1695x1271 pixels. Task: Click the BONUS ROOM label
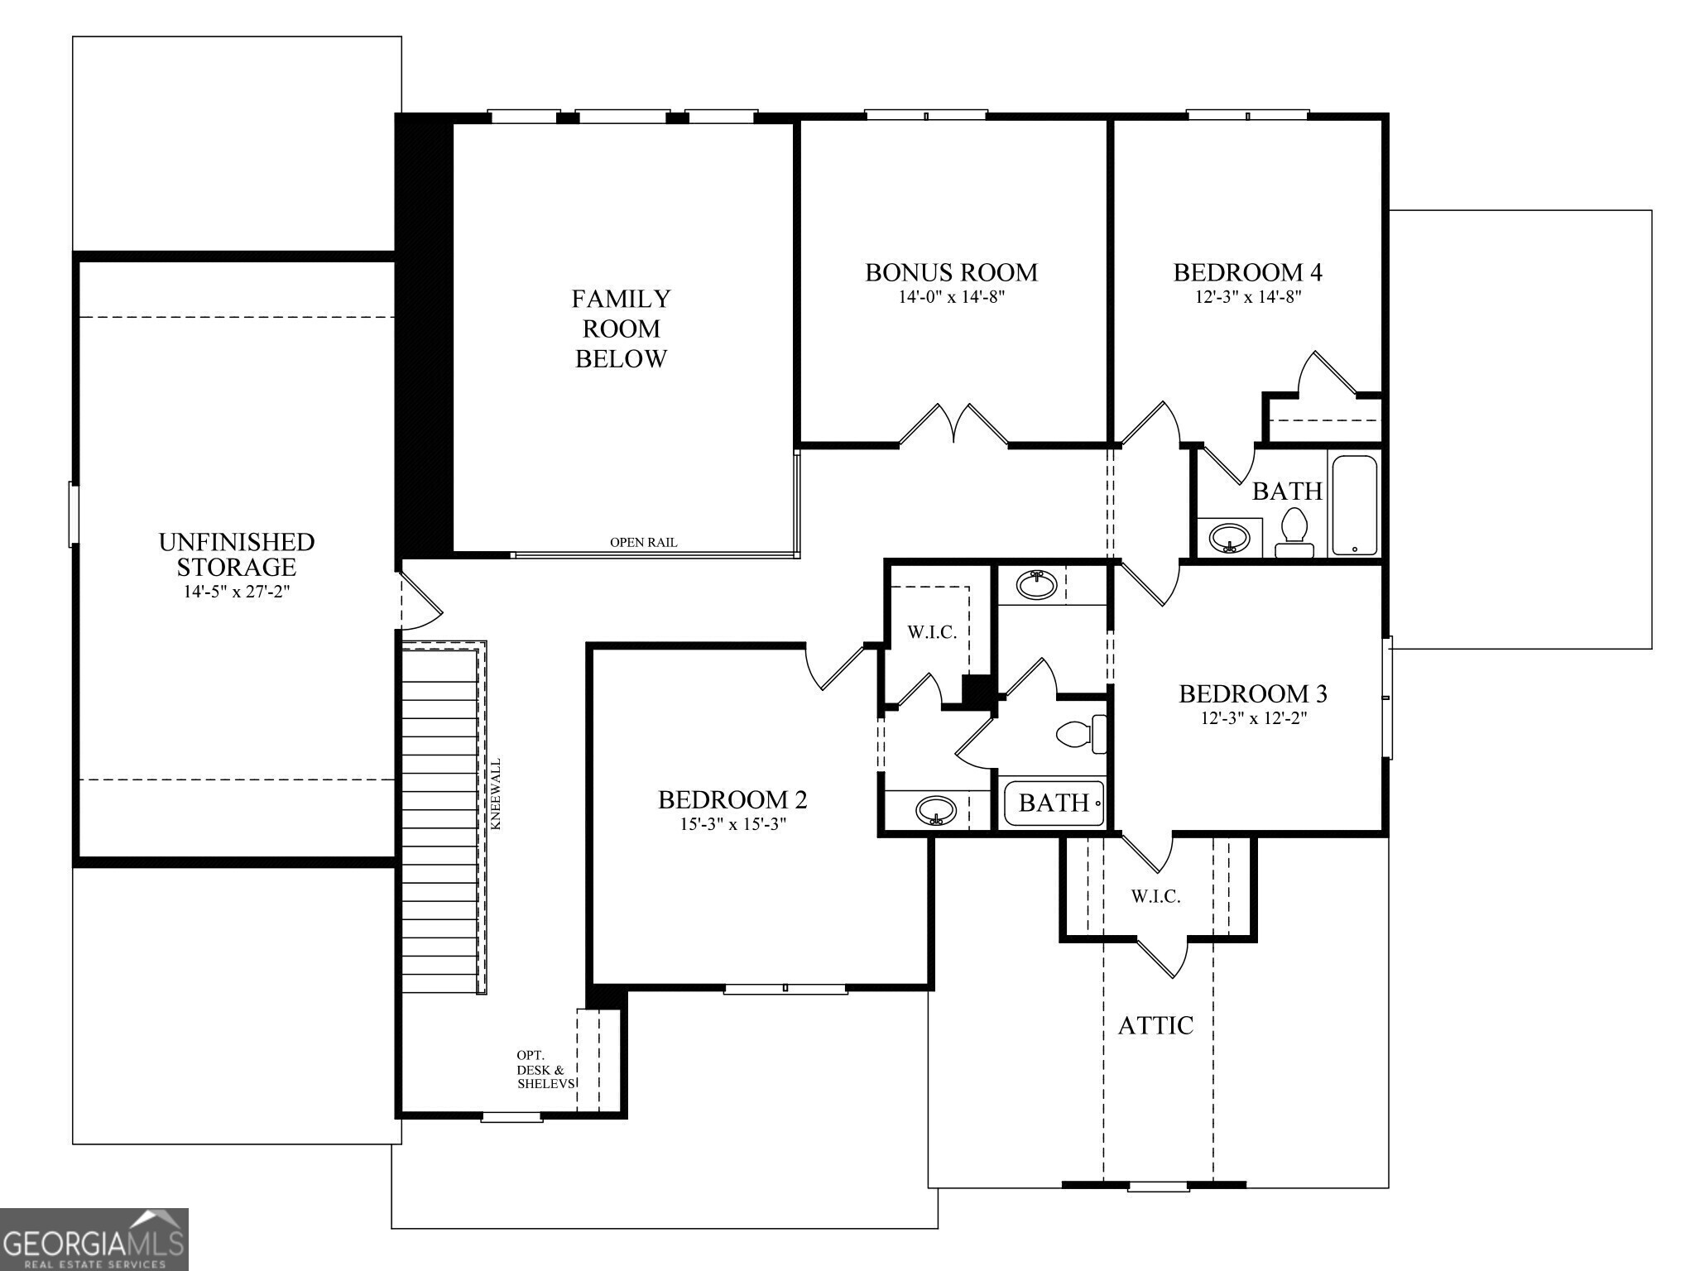click(951, 272)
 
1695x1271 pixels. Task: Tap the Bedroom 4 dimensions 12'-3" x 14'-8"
click(1247, 297)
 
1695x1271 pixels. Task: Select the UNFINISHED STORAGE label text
click(237, 554)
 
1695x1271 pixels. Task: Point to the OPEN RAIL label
click(643, 543)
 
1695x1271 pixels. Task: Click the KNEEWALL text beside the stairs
click(496, 794)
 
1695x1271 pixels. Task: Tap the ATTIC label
click(1155, 1026)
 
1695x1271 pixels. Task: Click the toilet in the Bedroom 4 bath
click(1294, 535)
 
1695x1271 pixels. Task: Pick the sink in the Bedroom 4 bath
click(1229, 538)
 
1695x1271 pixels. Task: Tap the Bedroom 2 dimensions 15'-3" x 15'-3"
click(732, 824)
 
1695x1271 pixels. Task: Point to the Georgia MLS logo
click(94, 1240)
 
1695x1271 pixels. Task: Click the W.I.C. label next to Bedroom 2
click(932, 633)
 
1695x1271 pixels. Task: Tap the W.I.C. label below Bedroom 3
click(1155, 897)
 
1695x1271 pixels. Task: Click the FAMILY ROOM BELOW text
click(621, 329)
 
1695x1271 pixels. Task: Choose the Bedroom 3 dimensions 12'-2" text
click(1253, 718)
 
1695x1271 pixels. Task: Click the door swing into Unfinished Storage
click(420, 602)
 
